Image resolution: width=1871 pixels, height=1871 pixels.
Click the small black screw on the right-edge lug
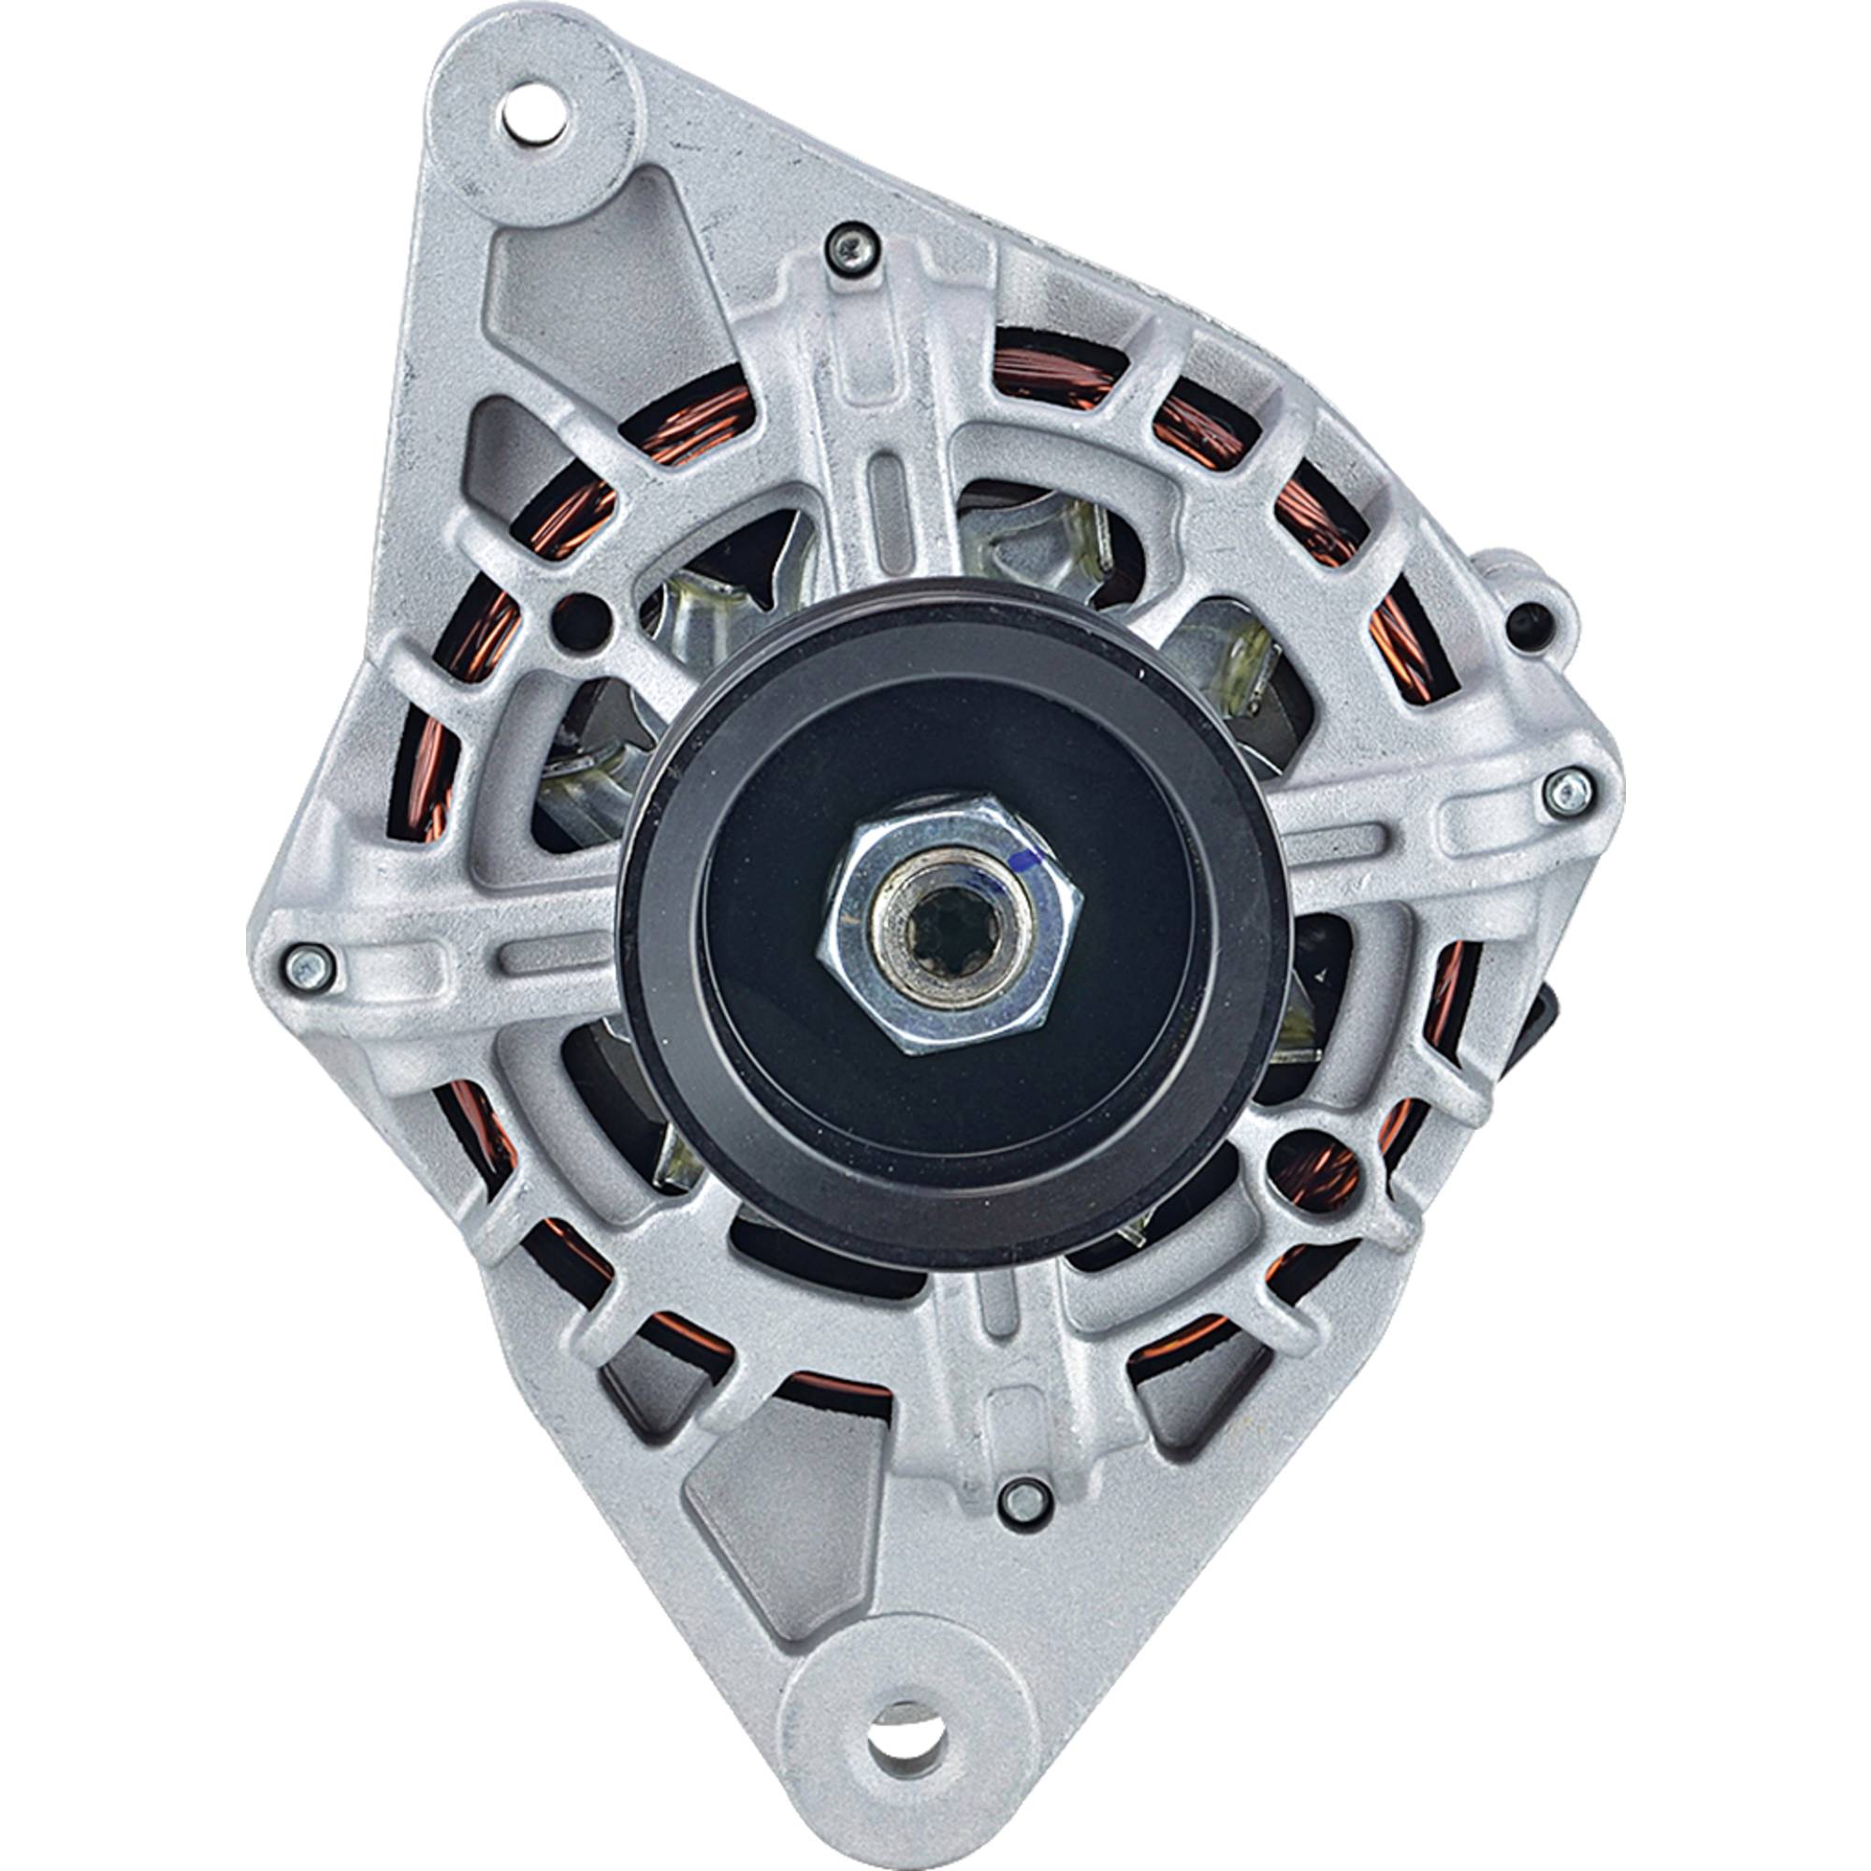pyautogui.click(x=1528, y=613)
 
